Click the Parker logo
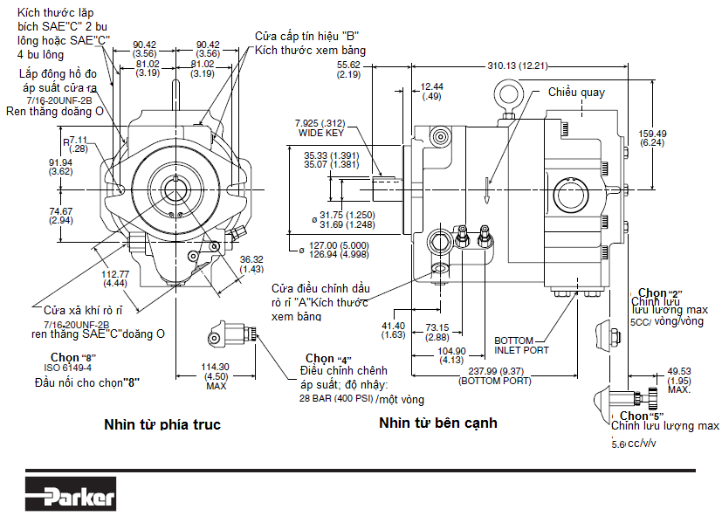pyautogui.click(x=70, y=496)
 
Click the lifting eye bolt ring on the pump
pyautogui.click(x=508, y=93)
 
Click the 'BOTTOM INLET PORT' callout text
pyautogui.click(x=522, y=346)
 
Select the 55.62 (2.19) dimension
pyautogui.click(x=348, y=70)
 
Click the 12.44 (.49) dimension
pyautogui.click(x=431, y=92)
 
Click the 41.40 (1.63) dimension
pyautogui.click(x=394, y=329)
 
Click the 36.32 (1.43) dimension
pyautogui.click(x=251, y=264)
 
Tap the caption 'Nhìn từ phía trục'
pyautogui.click(x=162, y=425)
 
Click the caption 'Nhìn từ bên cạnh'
pyautogui.click(x=437, y=423)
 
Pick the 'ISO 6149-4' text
pyautogui.click(x=62, y=368)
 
